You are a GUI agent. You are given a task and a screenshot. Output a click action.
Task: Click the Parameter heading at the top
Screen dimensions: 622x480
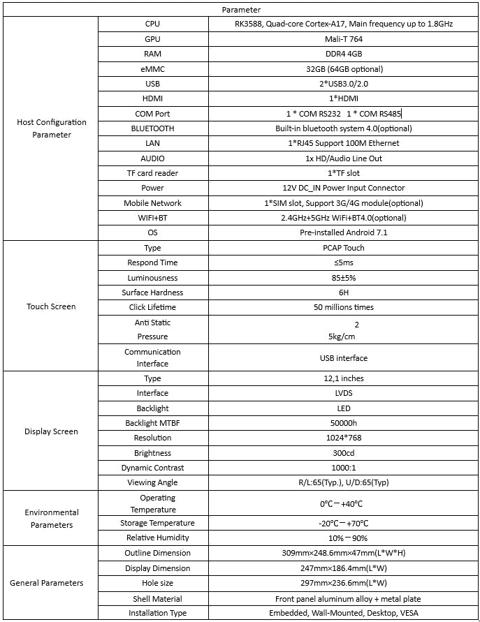[x=241, y=10]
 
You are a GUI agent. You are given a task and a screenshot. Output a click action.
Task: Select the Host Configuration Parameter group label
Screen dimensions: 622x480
[x=52, y=128]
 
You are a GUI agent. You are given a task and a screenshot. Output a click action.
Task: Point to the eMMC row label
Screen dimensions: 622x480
[x=152, y=69]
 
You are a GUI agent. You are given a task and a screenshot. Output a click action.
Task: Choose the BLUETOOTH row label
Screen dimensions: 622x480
[x=152, y=128]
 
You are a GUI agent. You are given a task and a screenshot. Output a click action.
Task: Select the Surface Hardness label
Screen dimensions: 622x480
[x=152, y=293]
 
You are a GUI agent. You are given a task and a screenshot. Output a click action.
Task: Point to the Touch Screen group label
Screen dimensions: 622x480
[x=52, y=306]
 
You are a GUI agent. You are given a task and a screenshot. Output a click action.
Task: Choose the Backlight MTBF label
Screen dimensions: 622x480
[x=152, y=423]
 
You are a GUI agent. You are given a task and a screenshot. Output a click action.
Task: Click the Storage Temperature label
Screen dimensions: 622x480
[x=152, y=523]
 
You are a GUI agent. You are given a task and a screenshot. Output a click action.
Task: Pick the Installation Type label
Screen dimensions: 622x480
[x=152, y=613]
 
